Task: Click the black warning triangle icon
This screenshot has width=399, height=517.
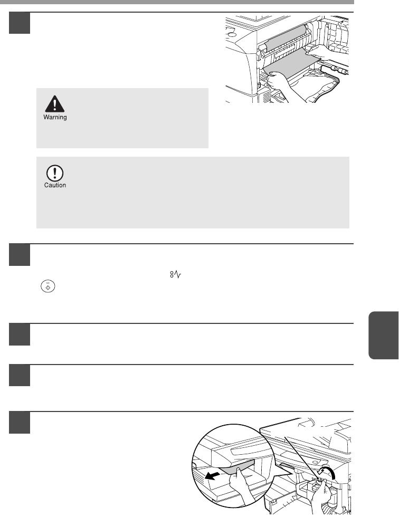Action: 55,104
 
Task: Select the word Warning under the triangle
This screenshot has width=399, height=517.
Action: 55,117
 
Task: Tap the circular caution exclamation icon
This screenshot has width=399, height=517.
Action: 55,173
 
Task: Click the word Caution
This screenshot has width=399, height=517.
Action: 55,185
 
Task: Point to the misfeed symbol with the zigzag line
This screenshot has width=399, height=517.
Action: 175,274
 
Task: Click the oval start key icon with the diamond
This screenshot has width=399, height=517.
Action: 48,286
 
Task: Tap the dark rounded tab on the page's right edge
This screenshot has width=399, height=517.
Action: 384,335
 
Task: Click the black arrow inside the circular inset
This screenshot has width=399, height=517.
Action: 212,476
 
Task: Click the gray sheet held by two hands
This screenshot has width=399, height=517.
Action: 290,64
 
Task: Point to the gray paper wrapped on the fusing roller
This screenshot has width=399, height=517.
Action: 285,37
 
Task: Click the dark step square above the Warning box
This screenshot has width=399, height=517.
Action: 20,23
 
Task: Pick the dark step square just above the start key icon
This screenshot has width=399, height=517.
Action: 20,254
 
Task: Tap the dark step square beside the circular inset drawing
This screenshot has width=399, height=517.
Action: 20,423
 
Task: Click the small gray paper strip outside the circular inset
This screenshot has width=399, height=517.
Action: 286,466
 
